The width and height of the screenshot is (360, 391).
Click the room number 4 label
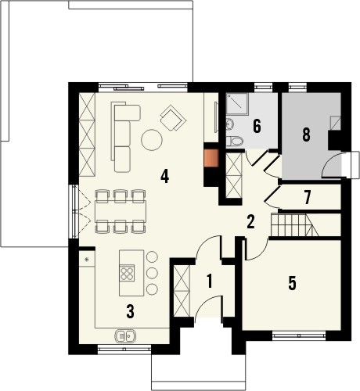click(x=164, y=176)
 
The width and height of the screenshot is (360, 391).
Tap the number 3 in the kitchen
click(x=130, y=311)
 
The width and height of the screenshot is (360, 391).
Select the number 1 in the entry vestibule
click(x=209, y=281)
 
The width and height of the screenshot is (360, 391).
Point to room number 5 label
click(x=292, y=283)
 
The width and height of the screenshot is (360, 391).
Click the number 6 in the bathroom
click(x=257, y=127)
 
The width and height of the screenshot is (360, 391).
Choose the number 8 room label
click(x=306, y=135)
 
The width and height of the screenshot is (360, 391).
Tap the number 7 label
click(x=308, y=197)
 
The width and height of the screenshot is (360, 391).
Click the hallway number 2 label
click(x=250, y=222)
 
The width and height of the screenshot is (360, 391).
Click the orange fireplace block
click(x=211, y=158)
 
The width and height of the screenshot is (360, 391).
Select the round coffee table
click(x=152, y=140)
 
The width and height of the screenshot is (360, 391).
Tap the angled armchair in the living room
click(x=174, y=117)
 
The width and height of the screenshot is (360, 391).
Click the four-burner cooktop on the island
click(x=128, y=273)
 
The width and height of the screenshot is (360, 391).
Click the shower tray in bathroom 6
click(x=237, y=103)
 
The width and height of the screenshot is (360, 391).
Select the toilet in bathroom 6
click(x=235, y=142)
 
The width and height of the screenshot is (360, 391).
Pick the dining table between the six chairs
click(x=121, y=211)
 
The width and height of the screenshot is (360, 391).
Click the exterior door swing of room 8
click(x=332, y=165)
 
